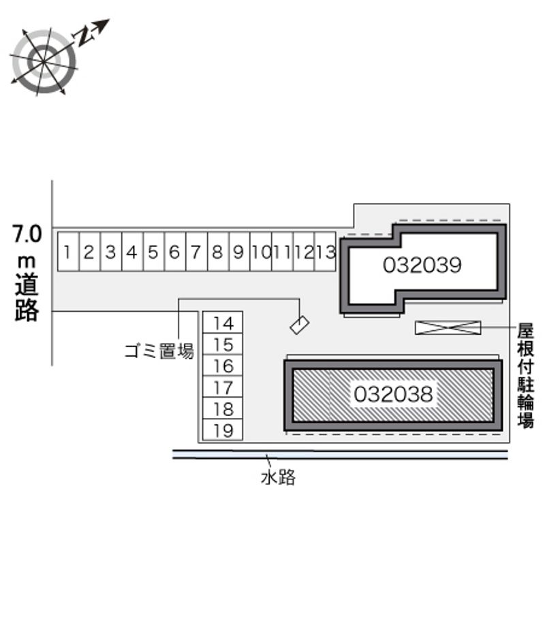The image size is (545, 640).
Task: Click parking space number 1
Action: pos(68,252)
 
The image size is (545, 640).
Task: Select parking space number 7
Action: pos(196,252)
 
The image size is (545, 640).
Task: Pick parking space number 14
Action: pos(223,323)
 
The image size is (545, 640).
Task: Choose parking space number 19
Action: pos(223,430)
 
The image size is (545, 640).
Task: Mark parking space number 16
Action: pos(223,366)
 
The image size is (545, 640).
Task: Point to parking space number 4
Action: pos(132,252)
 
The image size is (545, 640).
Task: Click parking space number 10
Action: pos(260,252)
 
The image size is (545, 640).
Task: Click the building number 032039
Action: pos(422,265)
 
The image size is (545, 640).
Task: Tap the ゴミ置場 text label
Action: pos(159,351)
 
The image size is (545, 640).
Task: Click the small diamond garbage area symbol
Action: pos(300,325)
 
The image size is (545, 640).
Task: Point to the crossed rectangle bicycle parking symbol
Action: pos(448,327)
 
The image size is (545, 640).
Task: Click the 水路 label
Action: pos(278,478)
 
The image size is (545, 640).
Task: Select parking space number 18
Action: pos(223,409)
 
